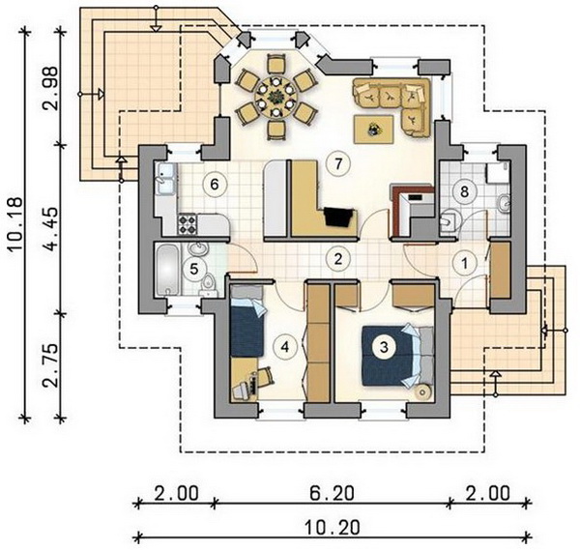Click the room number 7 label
tap(338, 164)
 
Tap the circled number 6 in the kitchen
tap(215, 184)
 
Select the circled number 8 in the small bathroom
tap(464, 191)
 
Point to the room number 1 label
tap(465, 264)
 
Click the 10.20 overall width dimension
tap(333, 527)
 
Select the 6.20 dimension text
tap(332, 493)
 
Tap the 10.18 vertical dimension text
tap(15, 225)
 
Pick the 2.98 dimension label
tap(50, 88)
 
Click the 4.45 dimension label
tap(50, 229)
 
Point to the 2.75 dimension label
tap(50, 365)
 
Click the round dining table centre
tap(275, 98)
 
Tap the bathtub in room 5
tap(168, 270)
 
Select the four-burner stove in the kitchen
tap(188, 224)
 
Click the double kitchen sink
tap(165, 178)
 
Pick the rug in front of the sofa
tap(373, 130)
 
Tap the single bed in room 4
tap(247, 321)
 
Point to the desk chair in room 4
tap(265, 376)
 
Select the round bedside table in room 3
tap(422, 391)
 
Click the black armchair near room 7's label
tap(339, 217)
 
